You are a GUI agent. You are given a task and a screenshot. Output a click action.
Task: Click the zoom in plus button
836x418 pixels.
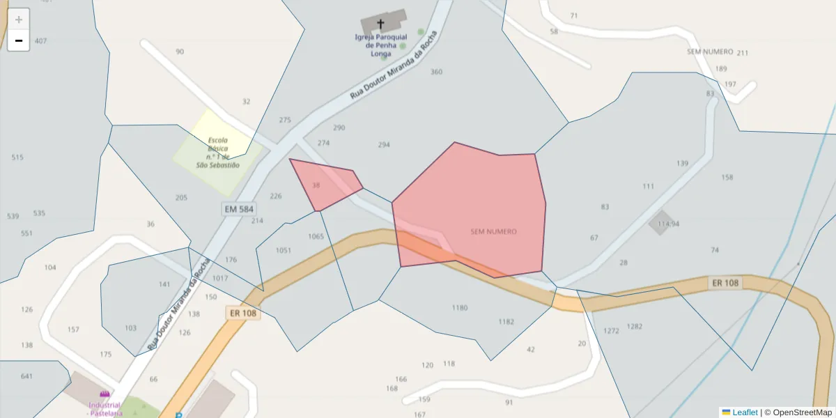pyautogui.click(x=19, y=20)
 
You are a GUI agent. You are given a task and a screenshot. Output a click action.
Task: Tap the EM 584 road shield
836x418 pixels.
pyautogui.click(x=239, y=208)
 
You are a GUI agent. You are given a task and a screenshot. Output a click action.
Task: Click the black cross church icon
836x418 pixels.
pyautogui.click(x=380, y=24)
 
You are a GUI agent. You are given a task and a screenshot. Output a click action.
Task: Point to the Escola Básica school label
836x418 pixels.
pyautogui.click(x=218, y=153)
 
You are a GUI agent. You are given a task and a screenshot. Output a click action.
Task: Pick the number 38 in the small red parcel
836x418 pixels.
pyautogui.click(x=316, y=185)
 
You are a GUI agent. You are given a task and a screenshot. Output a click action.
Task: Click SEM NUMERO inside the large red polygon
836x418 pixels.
pyautogui.click(x=494, y=231)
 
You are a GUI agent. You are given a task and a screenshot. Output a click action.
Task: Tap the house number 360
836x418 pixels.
pyautogui.click(x=436, y=72)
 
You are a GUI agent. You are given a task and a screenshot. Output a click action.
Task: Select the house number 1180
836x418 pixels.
pyautogui.click(x=460, y=307)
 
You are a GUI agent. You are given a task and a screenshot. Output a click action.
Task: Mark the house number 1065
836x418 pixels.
pyautogui.click(x=316, y=236)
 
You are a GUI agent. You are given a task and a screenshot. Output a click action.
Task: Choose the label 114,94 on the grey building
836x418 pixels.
pyautogui.click(x=668, y=224)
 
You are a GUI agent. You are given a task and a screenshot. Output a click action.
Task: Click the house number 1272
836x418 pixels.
pyautogui.click(x=611, y=330)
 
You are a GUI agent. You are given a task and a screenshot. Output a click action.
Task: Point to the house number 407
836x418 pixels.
pyautogui.click(x=40, y=41)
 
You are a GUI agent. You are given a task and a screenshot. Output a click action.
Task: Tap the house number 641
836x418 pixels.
pyautogui.click(x=26, y=376)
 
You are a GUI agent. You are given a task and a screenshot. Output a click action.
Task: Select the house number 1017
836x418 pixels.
pyautogui.click(x=220, y=278)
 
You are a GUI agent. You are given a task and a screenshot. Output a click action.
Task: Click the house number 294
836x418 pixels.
pyautogui.click(x=384, y=145)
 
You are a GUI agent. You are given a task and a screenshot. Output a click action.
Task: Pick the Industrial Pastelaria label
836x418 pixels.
pyautogui.click(x=105, y=408)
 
